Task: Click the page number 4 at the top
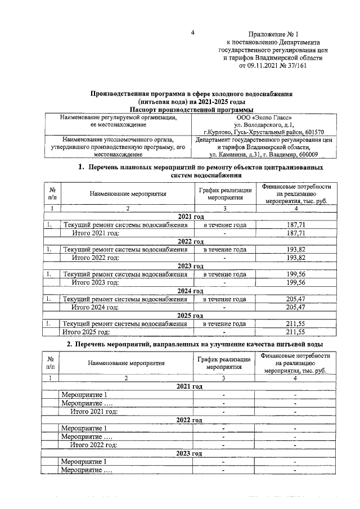(x=192, y=33)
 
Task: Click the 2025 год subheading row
(x=190, y=316)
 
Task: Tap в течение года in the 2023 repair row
(x=224, y=274)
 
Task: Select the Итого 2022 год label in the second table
(x=94, y=445)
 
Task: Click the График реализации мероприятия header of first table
(x=224, y=193)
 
